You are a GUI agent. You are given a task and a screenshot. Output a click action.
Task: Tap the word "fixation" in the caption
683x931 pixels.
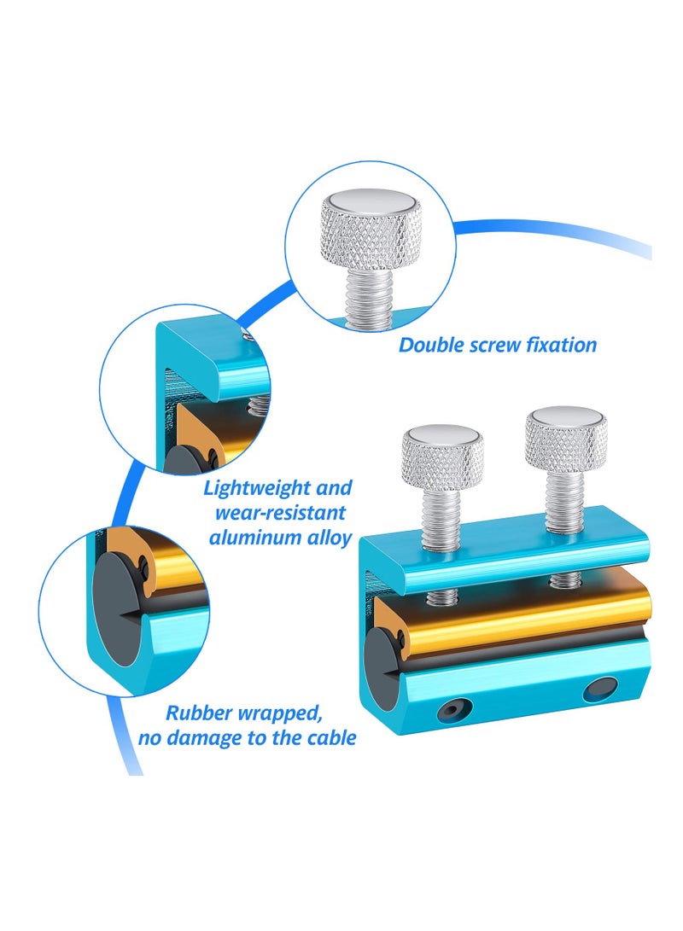point(561,346)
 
